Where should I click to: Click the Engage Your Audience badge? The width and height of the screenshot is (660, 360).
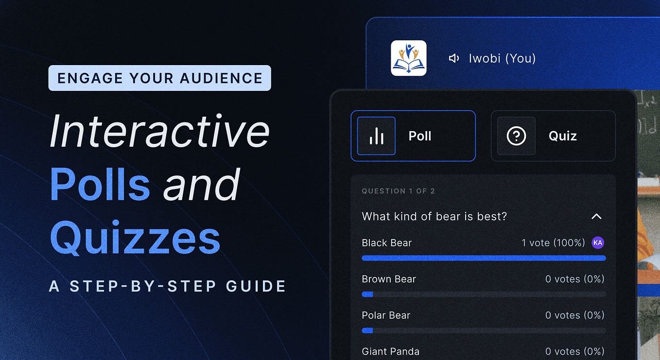pyautogui.click(x=159, y=78)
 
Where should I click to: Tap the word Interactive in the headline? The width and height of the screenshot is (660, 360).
pyautogui.click(x=159, y=131)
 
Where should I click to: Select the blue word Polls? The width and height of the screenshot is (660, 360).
pyautogui.click(x=100, y=185)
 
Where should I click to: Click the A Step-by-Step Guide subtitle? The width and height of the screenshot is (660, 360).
pyautogui.click(x=168, y=286)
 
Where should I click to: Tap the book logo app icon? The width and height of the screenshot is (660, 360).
pyautogui.click(x=409, y=58)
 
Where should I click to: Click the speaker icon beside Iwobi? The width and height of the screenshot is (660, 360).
pyautogui.click(x=454, y=59)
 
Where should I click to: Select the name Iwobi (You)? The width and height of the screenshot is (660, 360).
pyautogui.click(x=502, y=59)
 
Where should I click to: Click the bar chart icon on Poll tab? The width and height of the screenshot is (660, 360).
pyautogui.click(x=376, y=136)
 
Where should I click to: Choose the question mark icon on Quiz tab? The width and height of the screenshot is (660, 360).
pyautogui.click(x=516, y=136)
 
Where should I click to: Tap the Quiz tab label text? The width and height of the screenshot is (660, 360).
pyautogui.click(x=562, y=136)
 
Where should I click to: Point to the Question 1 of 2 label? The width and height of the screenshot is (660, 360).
pyautogui.click(x=398, y=191)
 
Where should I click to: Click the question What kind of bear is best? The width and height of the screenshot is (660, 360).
pyautogui.click(x=434, y=216)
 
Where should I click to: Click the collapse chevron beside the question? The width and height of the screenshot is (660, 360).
pyautogui.click(x=596, y=216)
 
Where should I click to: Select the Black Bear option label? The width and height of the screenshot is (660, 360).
pyautogui.click(x=386, y=242)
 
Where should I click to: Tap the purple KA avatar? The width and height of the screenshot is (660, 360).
pyautogui.click(x=598, y=242)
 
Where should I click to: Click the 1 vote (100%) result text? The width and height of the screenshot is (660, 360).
pyautogui.click(x=553, y=242)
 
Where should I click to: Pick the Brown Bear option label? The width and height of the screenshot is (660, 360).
pyautogui.click(x=389, y=279)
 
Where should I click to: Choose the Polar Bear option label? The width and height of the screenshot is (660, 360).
pyautogui.click(x=386, y=315)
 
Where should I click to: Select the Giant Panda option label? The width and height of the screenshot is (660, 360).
pyautogui.click(x=390, y=351)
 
